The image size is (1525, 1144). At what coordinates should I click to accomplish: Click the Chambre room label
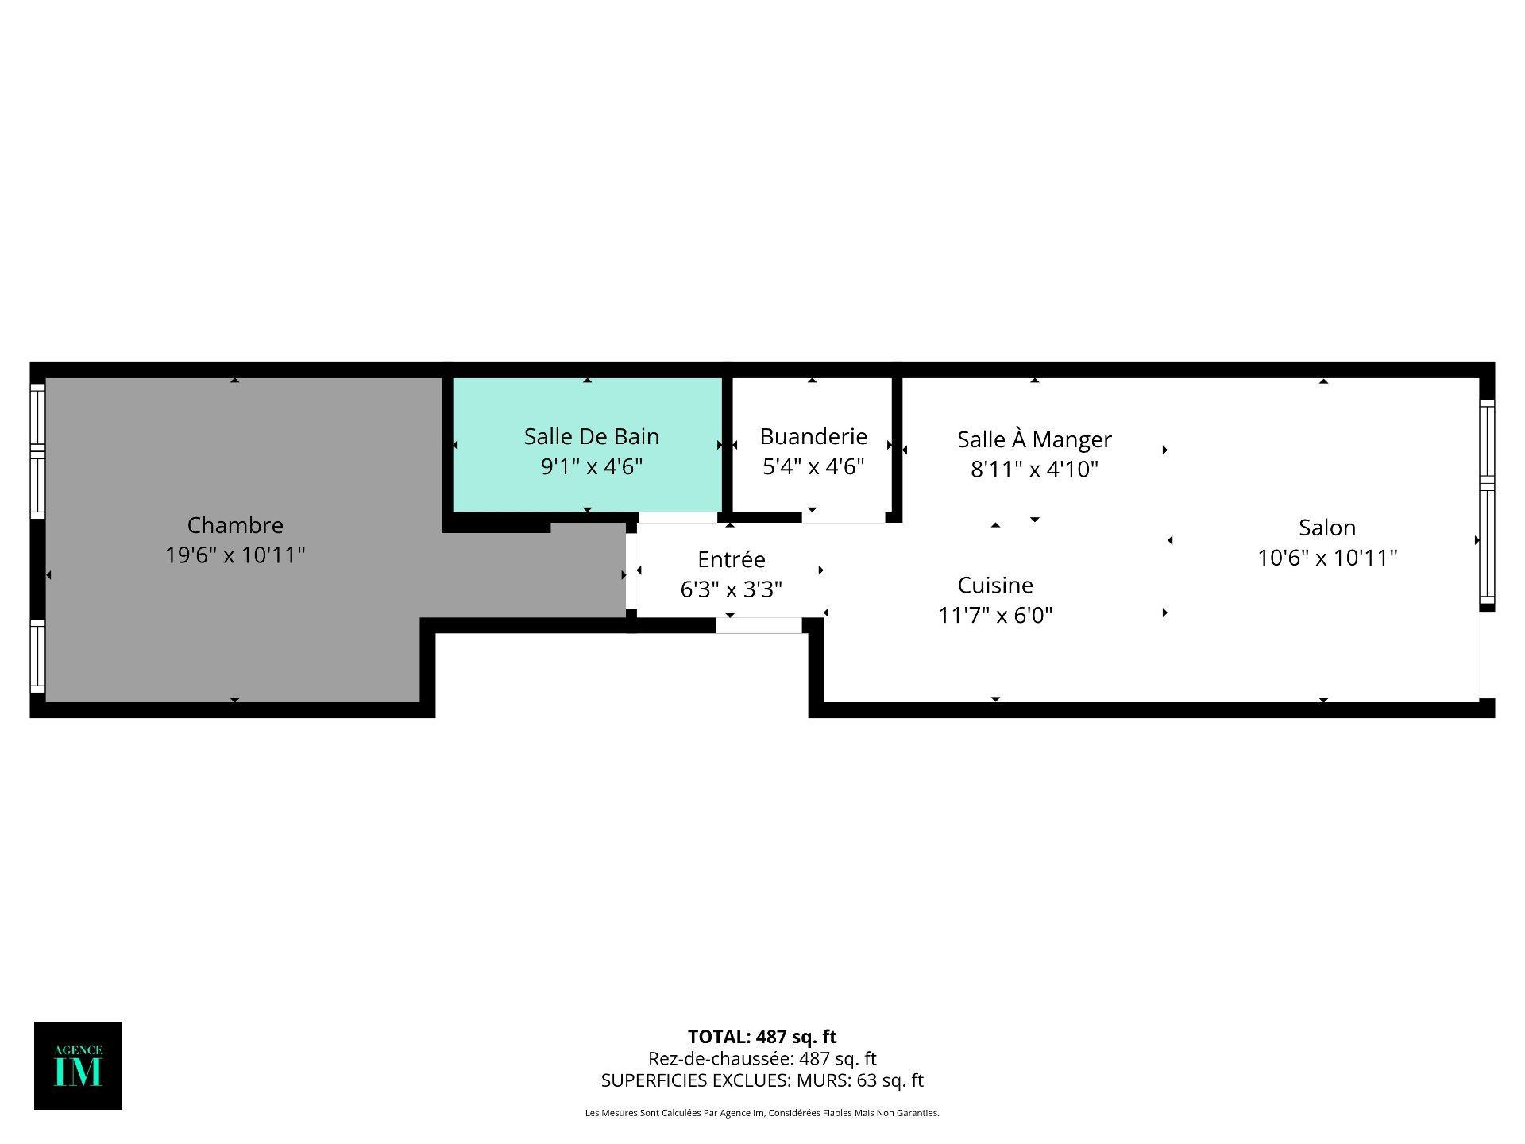[235, 525]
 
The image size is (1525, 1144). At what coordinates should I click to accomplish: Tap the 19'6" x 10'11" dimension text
[235, 555]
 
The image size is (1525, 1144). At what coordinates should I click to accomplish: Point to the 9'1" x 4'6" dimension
[592, 466]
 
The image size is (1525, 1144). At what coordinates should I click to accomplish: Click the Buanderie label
[813, 436]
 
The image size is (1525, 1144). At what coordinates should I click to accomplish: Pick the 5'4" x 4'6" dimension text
[813, 466]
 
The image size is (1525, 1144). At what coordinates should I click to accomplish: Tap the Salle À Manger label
[1034, 439]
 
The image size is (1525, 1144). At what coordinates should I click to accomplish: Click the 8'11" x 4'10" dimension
[1034, 470]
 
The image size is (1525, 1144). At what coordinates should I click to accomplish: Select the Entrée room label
[732, 559]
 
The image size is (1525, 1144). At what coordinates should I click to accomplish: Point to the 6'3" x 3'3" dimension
[732, 589]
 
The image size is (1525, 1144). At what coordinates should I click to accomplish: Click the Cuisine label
[995, 586]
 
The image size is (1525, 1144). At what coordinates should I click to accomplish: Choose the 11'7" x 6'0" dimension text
[995, 615]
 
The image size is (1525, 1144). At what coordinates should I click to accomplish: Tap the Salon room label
[1327, 528]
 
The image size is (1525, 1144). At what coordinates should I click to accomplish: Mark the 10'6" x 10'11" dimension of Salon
[1327, 558]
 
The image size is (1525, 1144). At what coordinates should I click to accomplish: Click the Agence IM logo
[78, 1065]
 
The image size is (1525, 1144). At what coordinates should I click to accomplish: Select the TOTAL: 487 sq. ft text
[762, 1037]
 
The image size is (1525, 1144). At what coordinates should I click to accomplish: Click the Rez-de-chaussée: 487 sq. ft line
[762, 1059]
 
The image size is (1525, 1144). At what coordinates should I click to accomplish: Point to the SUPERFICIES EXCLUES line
[762, 1080]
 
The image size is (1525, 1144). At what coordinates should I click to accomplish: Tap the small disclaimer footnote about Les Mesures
[762, 1113]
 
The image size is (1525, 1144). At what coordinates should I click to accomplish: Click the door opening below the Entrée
[759, 626]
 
